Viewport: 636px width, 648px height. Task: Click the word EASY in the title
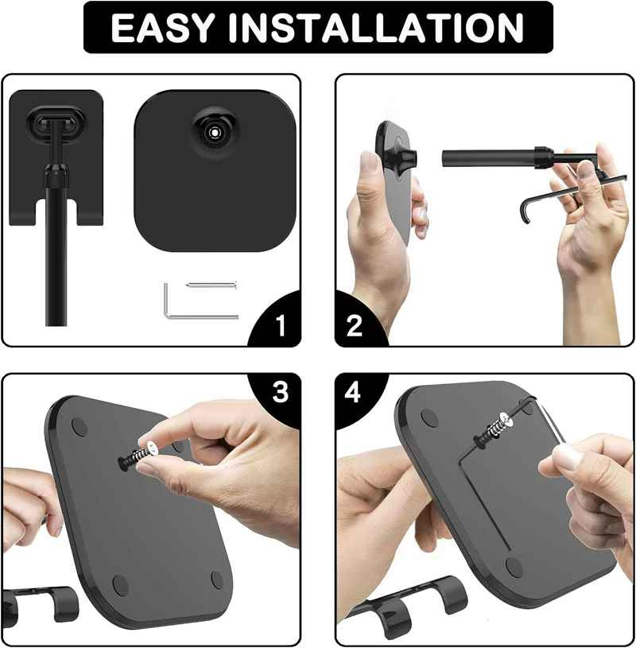pos(162,28)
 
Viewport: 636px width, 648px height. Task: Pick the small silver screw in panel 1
pos(211,285)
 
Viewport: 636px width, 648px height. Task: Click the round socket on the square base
pos(215,132)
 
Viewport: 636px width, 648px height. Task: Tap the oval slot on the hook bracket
pos(56,122)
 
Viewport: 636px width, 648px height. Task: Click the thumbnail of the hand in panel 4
pos(568,457)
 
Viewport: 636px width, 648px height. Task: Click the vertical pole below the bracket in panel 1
pos(56,252)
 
